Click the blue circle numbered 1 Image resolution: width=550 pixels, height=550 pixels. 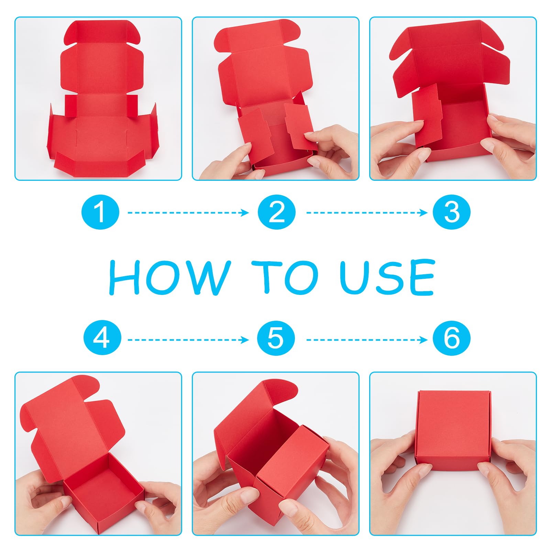[x=100, y=212]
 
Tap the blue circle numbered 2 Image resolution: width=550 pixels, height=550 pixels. [x=277, y=212]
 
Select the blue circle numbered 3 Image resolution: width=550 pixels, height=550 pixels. [x=451, y=212]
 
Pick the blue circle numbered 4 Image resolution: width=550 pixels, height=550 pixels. [x=102, y=339]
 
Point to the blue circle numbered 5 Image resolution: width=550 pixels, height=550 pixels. [x=276, y=339]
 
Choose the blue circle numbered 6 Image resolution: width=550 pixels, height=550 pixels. [x=451, y=339]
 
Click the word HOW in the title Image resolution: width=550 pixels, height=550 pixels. [x=170, y=277]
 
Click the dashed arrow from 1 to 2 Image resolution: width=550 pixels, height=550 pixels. [x=188, y=213]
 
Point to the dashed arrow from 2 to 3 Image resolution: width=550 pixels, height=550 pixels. [x=367, y=213]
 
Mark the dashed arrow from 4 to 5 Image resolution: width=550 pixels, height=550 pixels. [x=188, y=340]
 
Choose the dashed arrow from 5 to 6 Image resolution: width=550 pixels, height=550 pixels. [x=367, y=340]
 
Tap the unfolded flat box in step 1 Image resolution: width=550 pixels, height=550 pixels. [x=102, y=100]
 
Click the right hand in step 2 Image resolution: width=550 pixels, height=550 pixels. [x=332, y=151]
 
